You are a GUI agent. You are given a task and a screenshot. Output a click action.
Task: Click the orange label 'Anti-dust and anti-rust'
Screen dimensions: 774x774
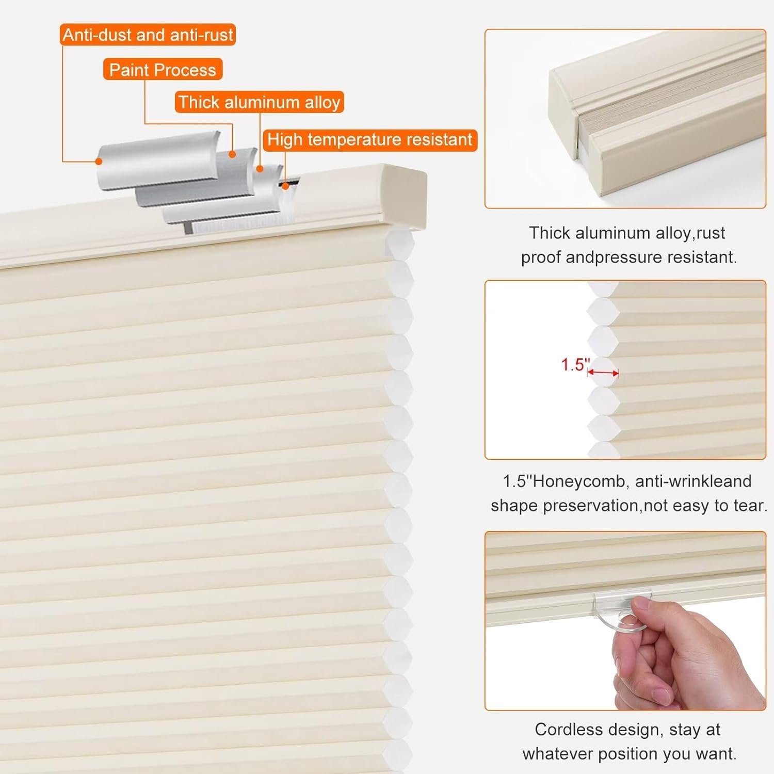click(x=148, y=35)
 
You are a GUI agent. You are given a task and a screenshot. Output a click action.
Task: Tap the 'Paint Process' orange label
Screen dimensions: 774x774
click(x=163, y=70)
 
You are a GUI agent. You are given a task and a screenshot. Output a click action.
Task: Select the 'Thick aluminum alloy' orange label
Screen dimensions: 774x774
click(x=259, y=102)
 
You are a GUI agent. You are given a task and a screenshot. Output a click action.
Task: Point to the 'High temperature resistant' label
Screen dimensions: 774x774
click(x=370, y=140)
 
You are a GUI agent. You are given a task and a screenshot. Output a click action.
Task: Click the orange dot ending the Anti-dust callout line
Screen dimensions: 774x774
click(x=99, y=161)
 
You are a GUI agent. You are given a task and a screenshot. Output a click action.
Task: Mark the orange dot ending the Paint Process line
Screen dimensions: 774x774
click(x=232, y=154)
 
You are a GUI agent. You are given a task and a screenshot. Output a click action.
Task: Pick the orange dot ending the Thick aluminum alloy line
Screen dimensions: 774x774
click(x=260, y=169)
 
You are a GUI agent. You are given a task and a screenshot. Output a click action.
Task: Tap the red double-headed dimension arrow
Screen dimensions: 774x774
click(x=603, y=373)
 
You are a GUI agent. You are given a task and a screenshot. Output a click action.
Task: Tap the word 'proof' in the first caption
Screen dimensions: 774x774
click(x=540, y=257)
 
